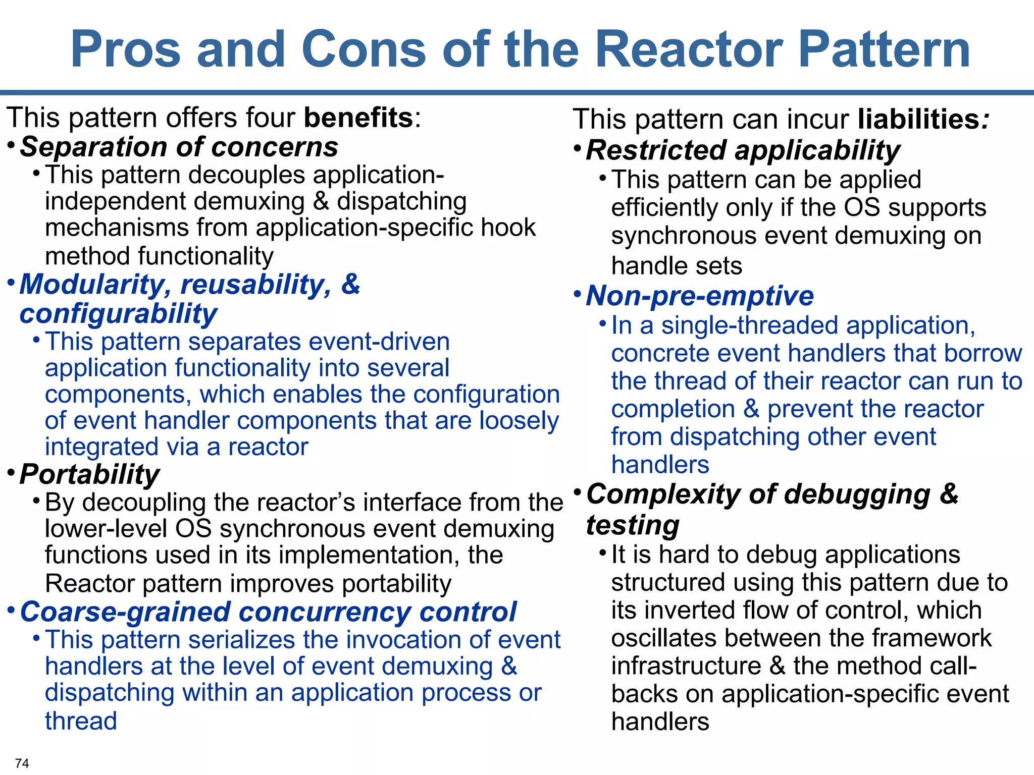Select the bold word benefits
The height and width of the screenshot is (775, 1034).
358,118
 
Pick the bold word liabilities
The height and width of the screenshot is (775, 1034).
919,120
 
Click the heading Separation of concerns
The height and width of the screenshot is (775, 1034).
179,147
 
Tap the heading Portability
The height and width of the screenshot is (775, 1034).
89,475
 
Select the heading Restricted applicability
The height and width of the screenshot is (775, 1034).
743,150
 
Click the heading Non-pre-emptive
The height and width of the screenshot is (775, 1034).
700,296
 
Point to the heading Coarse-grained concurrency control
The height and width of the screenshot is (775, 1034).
268,612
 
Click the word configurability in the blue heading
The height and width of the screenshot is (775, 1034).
118,314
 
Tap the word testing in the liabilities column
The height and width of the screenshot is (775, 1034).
633,525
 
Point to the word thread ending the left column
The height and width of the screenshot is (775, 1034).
81,721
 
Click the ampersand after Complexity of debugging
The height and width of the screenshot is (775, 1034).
949,494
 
